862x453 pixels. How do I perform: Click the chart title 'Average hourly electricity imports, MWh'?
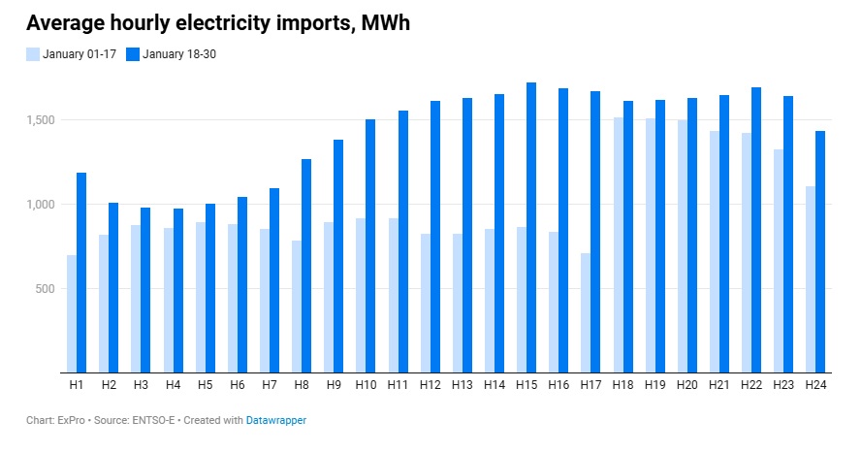click(218, 23)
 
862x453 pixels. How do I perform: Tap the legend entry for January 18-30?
click(177, 53)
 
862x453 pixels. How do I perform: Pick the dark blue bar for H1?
click(81, 273)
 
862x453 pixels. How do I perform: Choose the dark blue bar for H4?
click(178, 291)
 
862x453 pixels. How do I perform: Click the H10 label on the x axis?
click(366, 385)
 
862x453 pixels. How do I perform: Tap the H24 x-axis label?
click(815, 385)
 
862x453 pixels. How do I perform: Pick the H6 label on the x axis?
click(237, 385)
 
